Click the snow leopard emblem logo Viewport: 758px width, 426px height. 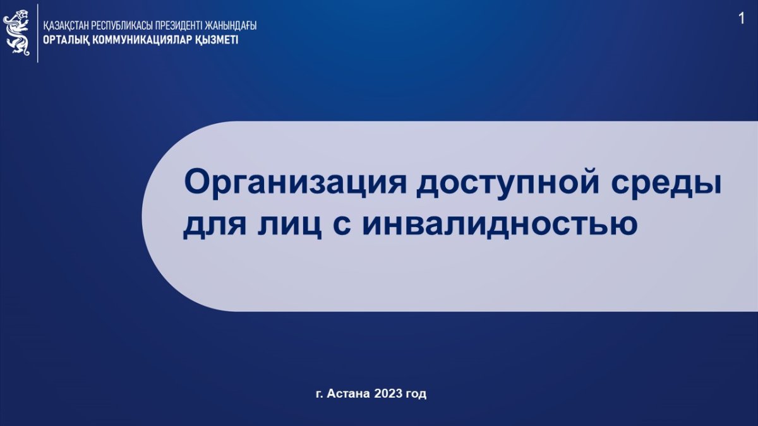click(x=16, y=32)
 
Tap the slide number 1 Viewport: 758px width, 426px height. click(x=742, y=18)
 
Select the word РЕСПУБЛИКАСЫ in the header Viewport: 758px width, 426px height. click(x=121, y=26)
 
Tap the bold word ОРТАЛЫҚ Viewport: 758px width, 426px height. click(x=66, y=40)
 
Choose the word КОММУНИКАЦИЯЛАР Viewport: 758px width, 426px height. click(x=143, y=40)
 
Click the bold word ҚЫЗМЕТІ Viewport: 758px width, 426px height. click(x=217, y=40)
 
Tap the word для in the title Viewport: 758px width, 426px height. click(x=215, y=226)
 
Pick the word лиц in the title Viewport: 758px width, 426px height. click(x=290, y=226)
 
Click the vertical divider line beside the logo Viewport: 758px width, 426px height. click(x=37, y=33)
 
